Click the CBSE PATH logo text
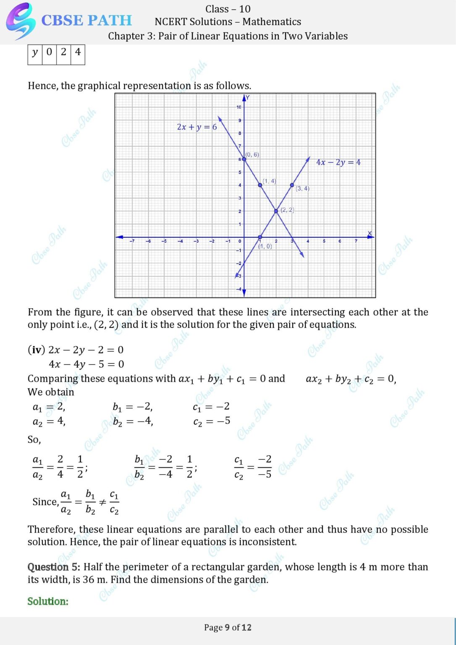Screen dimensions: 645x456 (x=86, y=20)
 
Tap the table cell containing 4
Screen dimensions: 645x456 (x=78, y=52)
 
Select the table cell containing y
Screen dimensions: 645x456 (x=35, y=52)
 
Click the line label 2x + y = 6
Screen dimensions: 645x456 (x=197, y=127)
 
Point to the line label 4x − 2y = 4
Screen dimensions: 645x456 (x=338, y=162)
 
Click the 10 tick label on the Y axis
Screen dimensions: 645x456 (x=238, y=107)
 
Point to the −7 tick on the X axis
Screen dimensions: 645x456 (x=132, y=241)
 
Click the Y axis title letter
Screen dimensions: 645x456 (x=248, y=98)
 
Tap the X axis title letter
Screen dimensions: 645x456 (x=370, y=233)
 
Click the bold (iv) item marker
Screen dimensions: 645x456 (x=37, y=350)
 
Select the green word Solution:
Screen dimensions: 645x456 (x=48, y=601)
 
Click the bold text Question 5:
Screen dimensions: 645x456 (x=54, y=567)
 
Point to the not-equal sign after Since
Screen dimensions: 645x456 (x=102, y=502)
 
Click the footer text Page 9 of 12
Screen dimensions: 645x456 (x=228, y=627)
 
